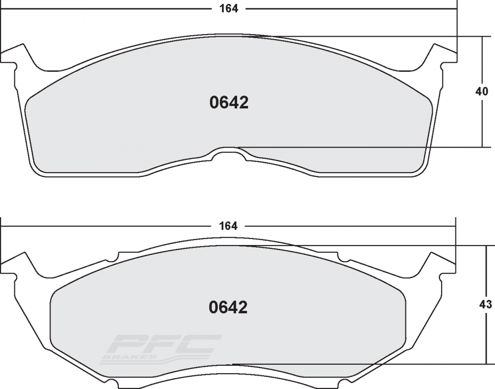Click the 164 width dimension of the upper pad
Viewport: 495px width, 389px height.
pos(229,8)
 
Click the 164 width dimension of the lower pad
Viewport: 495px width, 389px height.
pos(228,226)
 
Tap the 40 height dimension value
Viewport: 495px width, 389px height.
pos(482,92)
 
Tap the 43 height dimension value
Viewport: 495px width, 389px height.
pos(486,304)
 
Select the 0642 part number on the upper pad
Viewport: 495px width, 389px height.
pos(229,102)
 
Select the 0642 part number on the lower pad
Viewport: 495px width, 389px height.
pos(228,307)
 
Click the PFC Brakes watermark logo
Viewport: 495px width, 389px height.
pos(161,349)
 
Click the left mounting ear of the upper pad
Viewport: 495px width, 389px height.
pos(19,53)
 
